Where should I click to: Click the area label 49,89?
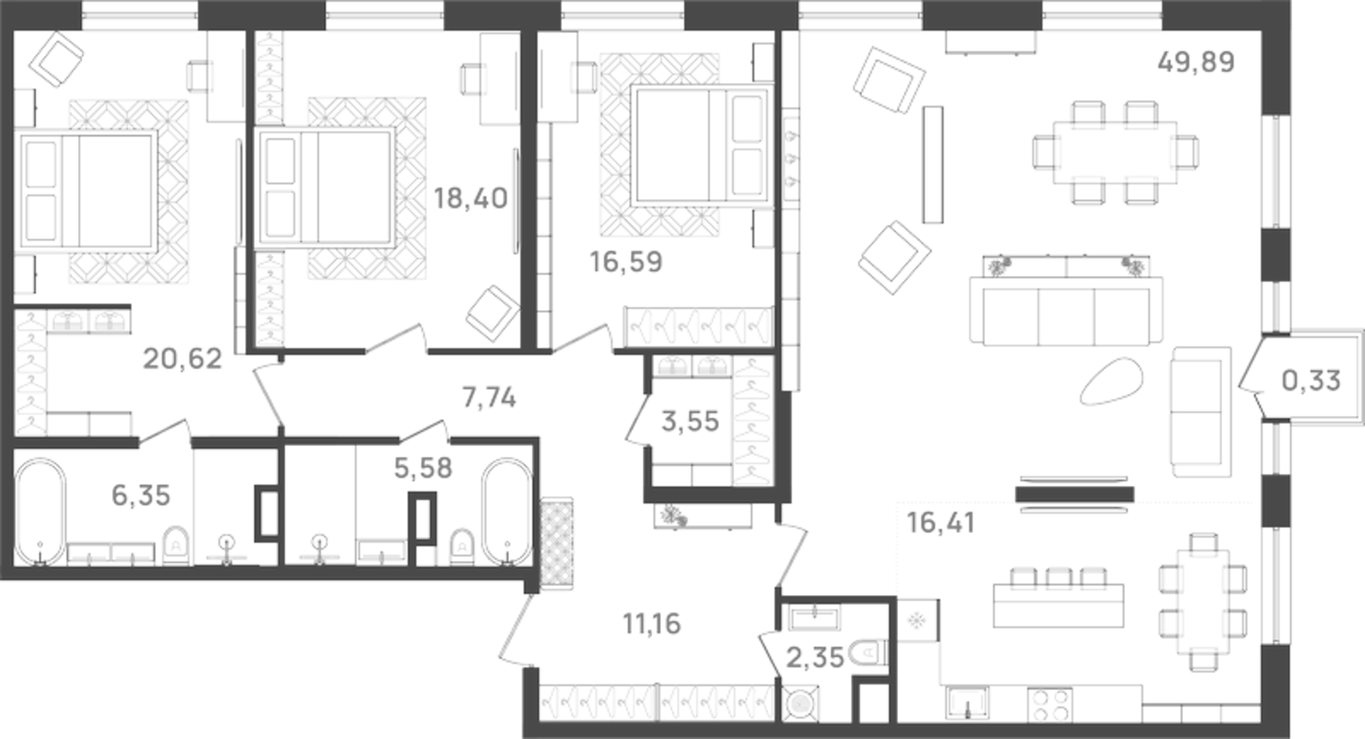[1195, 62]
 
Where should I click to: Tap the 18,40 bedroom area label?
[470, 198]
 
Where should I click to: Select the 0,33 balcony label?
[1310, 380]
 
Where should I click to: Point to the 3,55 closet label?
[690, 422]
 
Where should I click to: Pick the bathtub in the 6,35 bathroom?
[40, 512]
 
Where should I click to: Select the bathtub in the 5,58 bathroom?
[507, 512]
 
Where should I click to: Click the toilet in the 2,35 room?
[867, 653]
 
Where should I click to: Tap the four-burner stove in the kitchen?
[1049, 705]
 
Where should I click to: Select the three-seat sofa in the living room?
[1066, 312]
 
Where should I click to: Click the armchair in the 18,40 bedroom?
[492, 312]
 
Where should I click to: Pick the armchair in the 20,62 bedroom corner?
[55, 58]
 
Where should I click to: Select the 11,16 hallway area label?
[652, 624]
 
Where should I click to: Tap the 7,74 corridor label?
[489, 398]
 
